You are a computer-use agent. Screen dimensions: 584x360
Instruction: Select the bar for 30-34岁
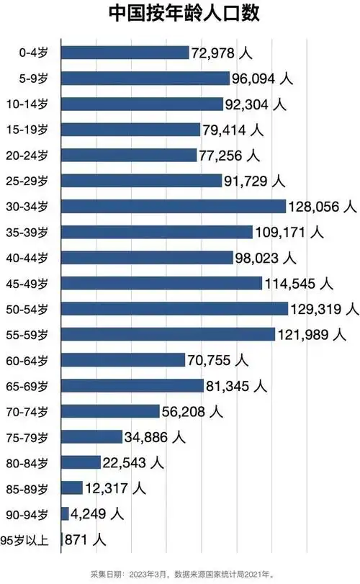tap(174, 207)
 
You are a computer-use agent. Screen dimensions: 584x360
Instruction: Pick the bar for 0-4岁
tap(125, 53)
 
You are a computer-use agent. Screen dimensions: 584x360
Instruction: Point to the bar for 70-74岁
tap(110, 411)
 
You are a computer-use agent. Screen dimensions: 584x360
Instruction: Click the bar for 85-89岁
tap(72, 488)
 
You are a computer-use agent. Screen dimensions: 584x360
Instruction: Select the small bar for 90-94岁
tap(66, 513)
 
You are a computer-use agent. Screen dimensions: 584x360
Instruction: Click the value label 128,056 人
tap(323, 207)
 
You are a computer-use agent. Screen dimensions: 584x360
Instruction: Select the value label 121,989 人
tap(312, 334)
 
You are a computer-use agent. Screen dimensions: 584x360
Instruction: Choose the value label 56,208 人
tap(192, 411)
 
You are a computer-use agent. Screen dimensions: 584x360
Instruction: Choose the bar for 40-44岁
tap(148, 258)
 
